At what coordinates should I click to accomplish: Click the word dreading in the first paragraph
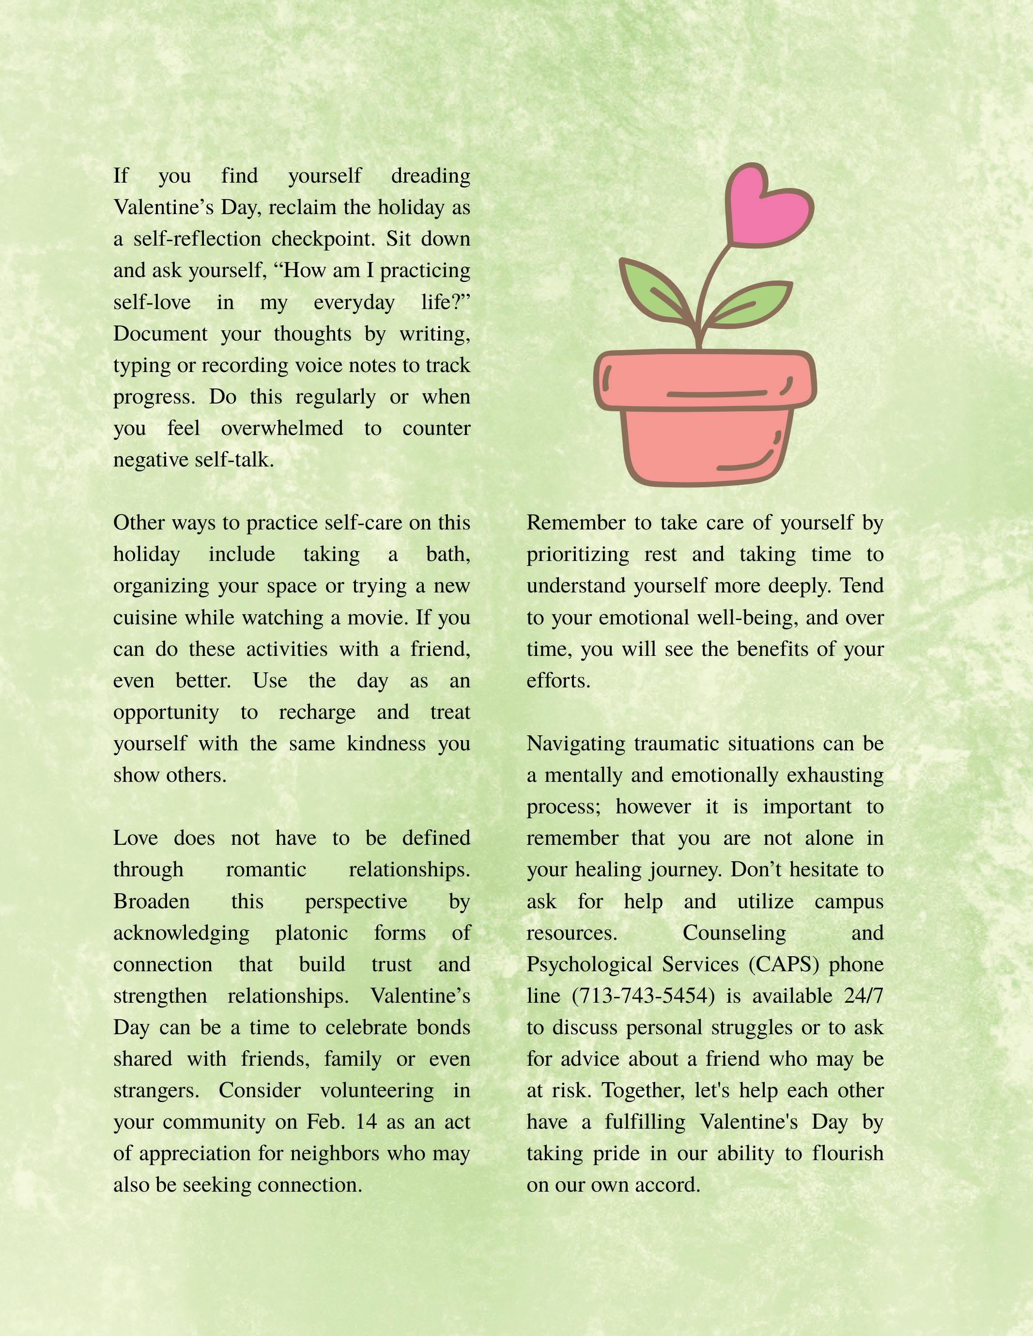[x=430, y=176]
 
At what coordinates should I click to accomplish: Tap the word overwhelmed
[x=282, y=428]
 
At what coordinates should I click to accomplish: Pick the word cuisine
[x=144, y=618]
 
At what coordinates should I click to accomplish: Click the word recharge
[x=317, y=713]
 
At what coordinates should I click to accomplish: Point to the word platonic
[x=311, y=933]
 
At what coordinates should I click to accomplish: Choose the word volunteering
[x=377, y=1091]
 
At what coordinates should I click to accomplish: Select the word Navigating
[x=576, y=744]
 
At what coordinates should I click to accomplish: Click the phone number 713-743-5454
[x=644, y=996]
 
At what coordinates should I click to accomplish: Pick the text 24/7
[x=863, y=996]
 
